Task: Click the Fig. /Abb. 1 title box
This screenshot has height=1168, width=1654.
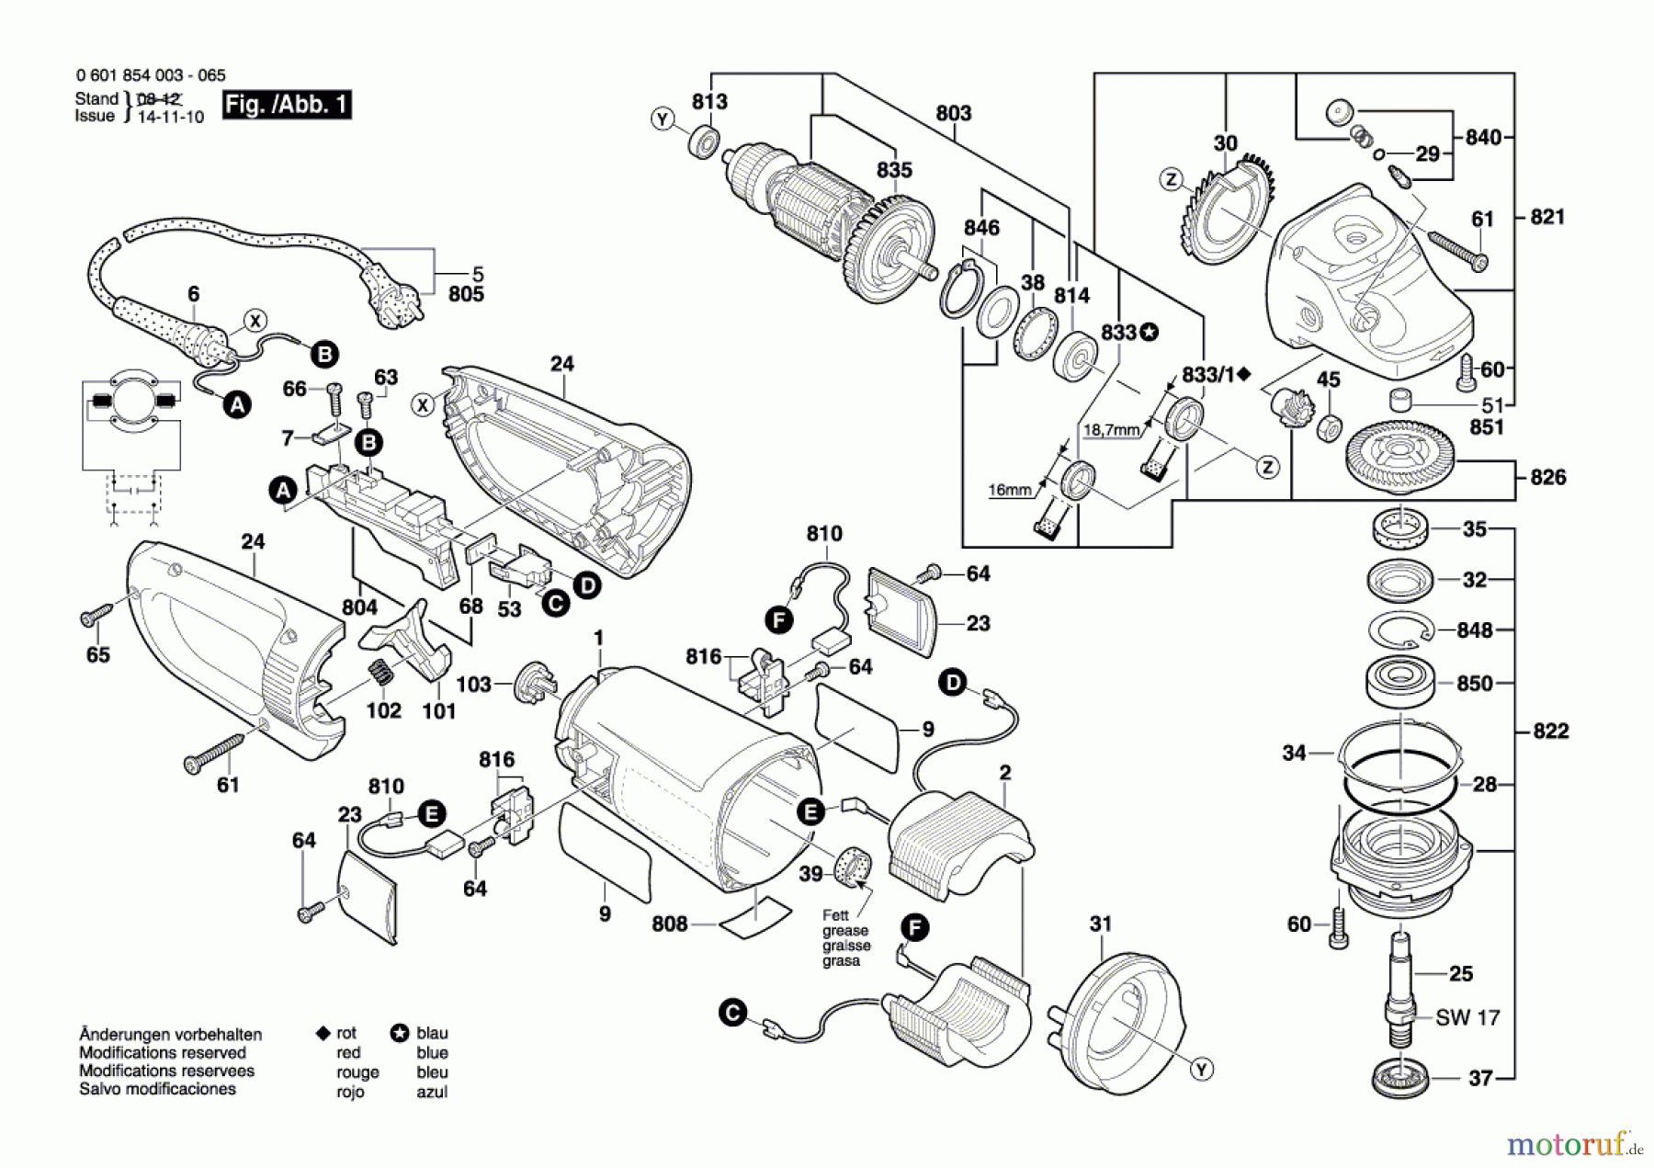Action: click(287, 104)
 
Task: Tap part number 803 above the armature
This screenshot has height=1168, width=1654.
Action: click(953, 113)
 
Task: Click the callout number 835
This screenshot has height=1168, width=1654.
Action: click(893, 170)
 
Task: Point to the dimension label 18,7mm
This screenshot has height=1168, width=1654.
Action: click(1111, 429)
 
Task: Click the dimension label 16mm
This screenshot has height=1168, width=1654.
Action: click(1009, 490)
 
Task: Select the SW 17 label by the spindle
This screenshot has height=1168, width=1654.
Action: click(1467, 1017)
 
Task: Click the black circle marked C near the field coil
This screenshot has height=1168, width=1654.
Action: click(732, 1014)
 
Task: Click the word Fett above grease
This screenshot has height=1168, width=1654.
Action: click(835, 915)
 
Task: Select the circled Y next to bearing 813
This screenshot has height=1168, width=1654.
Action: click(663, 119)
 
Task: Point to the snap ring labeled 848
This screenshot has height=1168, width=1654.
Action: click(1399, 631)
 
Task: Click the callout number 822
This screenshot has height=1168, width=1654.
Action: click(1550, 731)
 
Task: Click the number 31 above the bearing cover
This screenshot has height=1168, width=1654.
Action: click(1101, 924)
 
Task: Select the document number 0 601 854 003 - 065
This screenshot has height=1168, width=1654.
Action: click(151, 75)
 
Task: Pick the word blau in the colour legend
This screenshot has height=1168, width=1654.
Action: click(432, 1033)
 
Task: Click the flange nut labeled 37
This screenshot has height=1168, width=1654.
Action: click(1400, 1077)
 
